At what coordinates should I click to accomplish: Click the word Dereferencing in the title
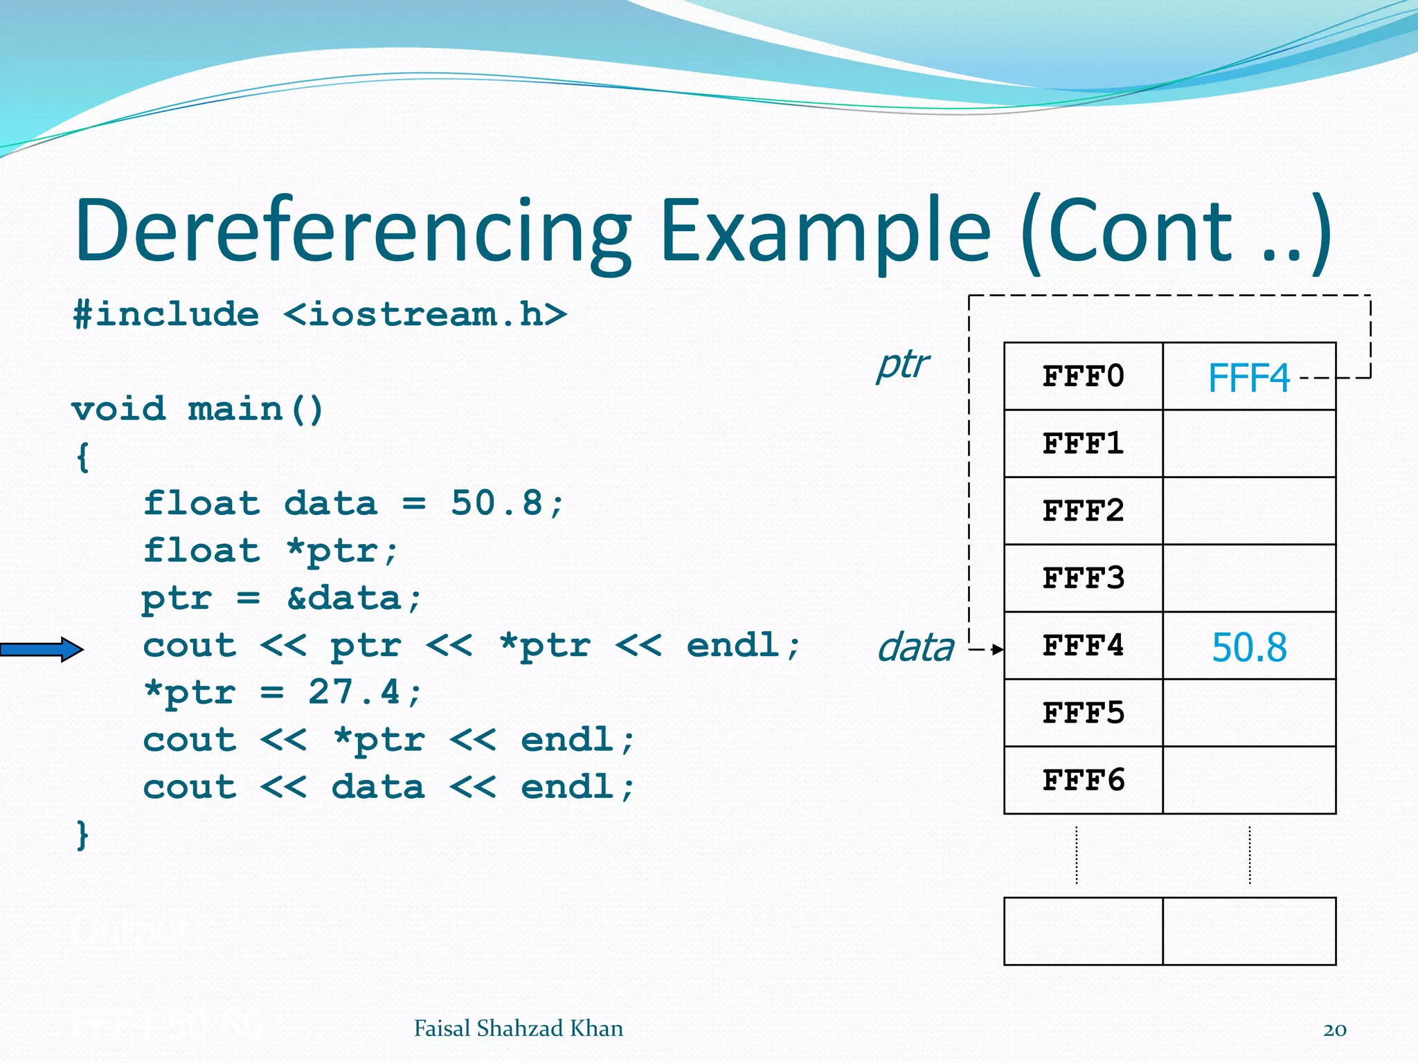(353, 232)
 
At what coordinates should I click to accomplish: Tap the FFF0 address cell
(1083, 376)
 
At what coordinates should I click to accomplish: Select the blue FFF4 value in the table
(1248, 378)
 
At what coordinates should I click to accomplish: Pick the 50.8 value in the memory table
(1248, 648)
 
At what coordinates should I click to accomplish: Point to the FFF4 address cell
(1083, 646)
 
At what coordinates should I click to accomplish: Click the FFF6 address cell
(1083, 780)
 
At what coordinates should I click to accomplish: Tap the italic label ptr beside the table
(902, 365)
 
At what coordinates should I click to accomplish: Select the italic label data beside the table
(915, 648)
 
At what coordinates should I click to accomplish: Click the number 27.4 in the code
(354, 691)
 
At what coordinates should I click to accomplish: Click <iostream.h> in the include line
(425, 315)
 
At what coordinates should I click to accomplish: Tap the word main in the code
(235, 409)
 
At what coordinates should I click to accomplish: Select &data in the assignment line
(344, 598)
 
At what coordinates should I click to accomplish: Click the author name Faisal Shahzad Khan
(518, 1028)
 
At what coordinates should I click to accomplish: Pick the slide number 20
(1334, 1030)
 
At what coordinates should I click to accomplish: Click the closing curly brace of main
(82, 835)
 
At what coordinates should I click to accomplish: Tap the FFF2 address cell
(1083, 511)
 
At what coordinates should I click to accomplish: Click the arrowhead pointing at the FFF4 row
(997, 649)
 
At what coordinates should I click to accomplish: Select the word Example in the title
(825, 232)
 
